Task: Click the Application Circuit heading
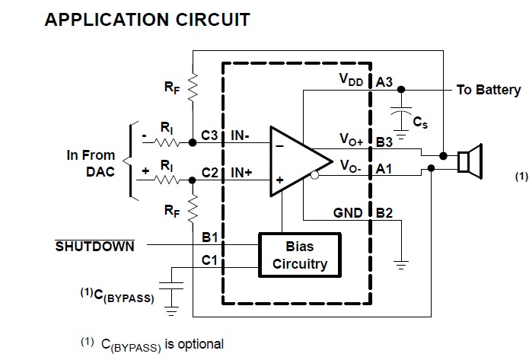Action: point(148,20)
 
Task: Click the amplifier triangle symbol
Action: point(296,161)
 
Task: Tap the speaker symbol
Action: point(471,161)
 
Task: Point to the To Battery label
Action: point(489,90)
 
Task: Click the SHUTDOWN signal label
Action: point(95,246)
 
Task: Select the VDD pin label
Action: point(352,80)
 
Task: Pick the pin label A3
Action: point(384,81)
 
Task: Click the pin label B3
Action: point(384,141)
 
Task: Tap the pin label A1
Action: point(384,170)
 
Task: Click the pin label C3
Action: point(210,135)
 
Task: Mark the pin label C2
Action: point(210,173)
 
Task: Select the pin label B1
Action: point(210,237)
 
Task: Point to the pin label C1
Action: point(210,260)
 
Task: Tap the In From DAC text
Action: point(91,163)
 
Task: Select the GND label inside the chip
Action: point(349,212)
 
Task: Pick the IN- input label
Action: point(242,135)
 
